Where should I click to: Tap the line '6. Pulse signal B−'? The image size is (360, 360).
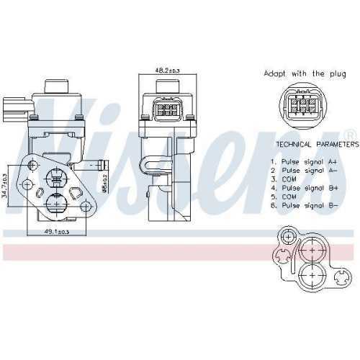click(x=300, y=204)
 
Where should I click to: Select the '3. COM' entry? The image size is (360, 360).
click(x=282, y=179)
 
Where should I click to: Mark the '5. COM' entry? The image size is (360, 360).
click(x=282, y=196)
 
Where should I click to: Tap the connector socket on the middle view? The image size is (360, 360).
click(x=167, y=112)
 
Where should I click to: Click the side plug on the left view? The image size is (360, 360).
click(x=15, y=109)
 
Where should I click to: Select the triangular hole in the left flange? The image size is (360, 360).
click(x=75, y=193)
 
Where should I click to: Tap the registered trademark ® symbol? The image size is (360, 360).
click(x=350, y=135)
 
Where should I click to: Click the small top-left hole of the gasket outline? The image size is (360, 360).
click(x=288, y=236)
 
